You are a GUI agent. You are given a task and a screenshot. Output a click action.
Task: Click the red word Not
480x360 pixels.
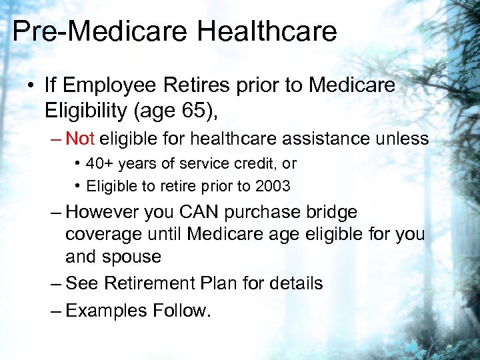coord(80,139)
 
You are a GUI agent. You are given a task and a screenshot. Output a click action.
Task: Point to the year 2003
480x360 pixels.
coord(273,187)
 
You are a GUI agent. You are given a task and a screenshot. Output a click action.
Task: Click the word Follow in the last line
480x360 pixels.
coord(179,310)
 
